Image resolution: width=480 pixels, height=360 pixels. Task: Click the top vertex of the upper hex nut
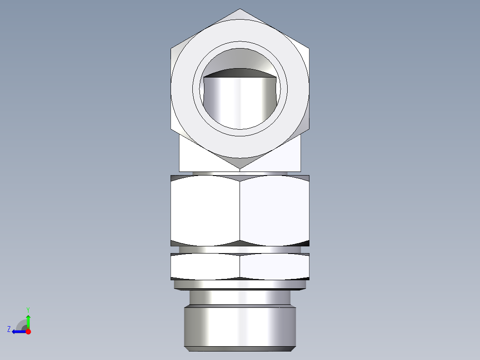[x=240, y=9]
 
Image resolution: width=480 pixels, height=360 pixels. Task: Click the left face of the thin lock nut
[x=205, y=266]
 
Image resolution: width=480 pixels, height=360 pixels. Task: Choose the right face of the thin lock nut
[x=274, y=266]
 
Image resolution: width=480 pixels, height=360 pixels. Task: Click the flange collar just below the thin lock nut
[x=240, y=284]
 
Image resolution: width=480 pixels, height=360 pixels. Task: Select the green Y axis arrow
[x=28, y=320]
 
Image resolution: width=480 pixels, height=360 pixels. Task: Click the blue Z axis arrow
[x=18, y=331]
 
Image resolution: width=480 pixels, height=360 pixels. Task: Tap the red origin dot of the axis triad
[x=28, y=331]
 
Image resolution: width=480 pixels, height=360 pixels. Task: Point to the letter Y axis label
[x=28, y=309]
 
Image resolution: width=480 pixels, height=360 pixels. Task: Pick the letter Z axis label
[x=9, y=329]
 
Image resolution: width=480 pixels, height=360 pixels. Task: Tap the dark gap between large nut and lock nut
[x=240, y=250]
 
